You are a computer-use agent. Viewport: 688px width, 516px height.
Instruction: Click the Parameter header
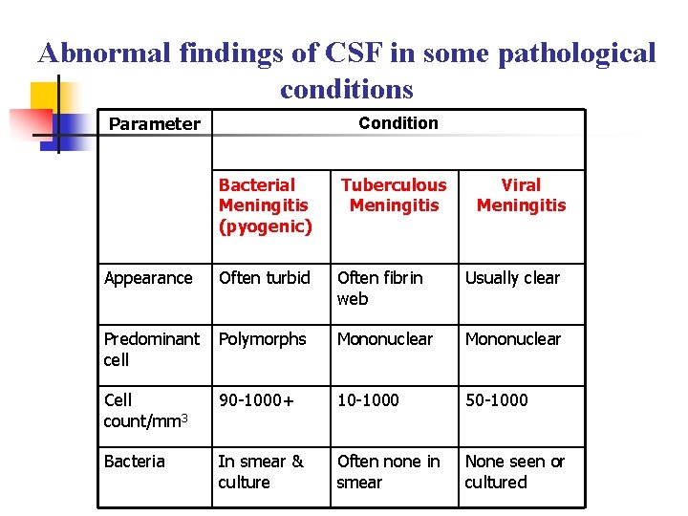(x=155, y=124)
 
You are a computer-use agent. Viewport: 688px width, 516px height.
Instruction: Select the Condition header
(x=398, y=123)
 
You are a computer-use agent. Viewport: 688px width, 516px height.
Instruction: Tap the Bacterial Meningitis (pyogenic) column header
(x=265, y=205)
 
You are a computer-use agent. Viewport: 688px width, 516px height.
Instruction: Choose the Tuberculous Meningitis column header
(x=394, y=195)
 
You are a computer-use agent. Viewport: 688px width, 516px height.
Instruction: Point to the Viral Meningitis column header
(x=521, y=195)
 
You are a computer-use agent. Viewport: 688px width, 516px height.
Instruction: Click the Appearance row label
(x=148, y=278)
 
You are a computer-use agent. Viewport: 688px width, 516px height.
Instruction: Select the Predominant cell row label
(x=152, y=349)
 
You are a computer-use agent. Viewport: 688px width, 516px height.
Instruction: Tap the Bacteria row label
(x=135, y=462)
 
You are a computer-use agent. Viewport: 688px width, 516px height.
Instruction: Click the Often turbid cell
(x=265, y=278)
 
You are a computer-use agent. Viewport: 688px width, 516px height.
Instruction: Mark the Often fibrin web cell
(x=379, y=288)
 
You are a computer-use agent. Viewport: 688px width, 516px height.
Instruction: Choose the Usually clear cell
(x=512, y=278)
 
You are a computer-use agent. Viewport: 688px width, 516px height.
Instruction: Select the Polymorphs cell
(x=263, y=339)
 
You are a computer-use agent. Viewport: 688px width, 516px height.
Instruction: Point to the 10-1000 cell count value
(x=368, y=400)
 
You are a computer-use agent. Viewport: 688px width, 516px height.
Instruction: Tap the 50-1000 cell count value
(x=496, y=400)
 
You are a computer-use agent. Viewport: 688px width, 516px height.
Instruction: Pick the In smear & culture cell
(x=261, y=471)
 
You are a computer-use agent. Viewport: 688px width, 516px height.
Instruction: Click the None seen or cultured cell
(x=514, y=471)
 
